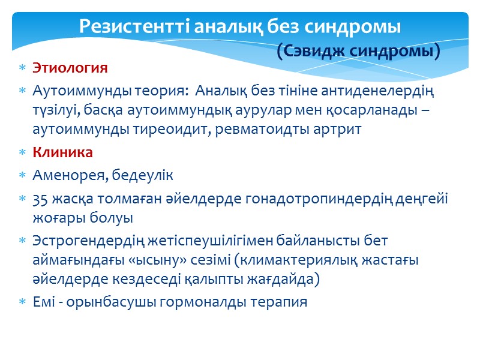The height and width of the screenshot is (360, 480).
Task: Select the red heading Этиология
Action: click(x=70, y=68)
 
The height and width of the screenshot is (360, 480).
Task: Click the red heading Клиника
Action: click(x=62, y=152)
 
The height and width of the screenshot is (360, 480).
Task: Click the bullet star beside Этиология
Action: click(x=22, y=68)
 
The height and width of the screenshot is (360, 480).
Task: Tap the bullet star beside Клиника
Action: click(x=22, y=152)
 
